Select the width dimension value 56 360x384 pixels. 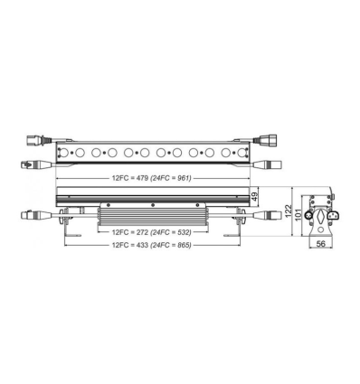pos(321,245)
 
